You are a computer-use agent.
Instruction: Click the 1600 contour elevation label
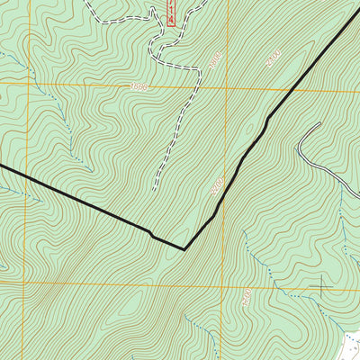138,87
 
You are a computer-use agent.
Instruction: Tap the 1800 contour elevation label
213,60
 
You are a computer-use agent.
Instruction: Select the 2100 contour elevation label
217,188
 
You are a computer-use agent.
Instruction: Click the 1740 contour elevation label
245,294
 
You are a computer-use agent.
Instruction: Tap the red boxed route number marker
170,13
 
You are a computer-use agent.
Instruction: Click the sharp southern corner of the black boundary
184,248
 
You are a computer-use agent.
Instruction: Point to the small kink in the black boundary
151,235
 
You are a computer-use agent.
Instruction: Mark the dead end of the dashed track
154,190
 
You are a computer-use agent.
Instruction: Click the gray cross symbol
321,289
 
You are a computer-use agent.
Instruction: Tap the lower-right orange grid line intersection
226,283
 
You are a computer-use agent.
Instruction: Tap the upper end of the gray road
318,124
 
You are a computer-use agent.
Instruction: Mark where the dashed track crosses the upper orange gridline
195,88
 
